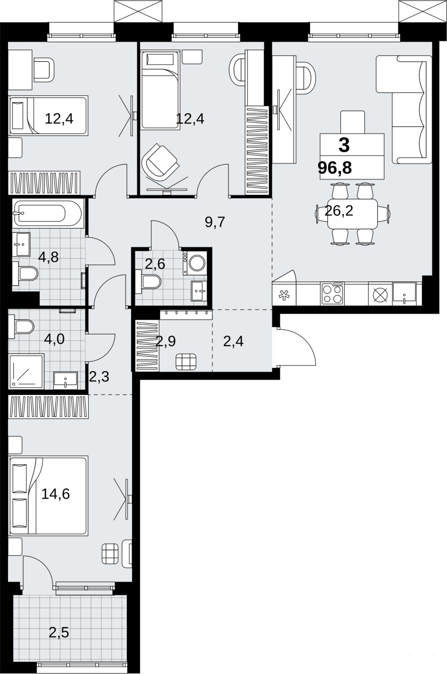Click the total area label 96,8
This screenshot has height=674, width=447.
tap(335, 168)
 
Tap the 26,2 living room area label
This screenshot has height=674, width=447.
tap(339, 211)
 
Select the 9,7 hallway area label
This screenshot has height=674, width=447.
tap(215, 222)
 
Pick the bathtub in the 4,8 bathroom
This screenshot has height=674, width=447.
tap(48, 213)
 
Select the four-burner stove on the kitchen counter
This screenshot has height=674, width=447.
tap(332, 293)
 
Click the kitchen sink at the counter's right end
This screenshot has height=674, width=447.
tap(404, 294)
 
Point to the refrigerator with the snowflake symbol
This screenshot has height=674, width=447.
tap(284, 294)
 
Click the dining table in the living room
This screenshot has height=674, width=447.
tap(353, 213)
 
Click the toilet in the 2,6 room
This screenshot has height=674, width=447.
tap(148, 282)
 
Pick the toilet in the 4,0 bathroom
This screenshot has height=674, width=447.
tap(21, 327)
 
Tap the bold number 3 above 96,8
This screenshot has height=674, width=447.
tap(344, 145)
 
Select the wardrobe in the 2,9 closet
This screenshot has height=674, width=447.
tap(148, 346)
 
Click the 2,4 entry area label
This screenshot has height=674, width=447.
tap(234, 342)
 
